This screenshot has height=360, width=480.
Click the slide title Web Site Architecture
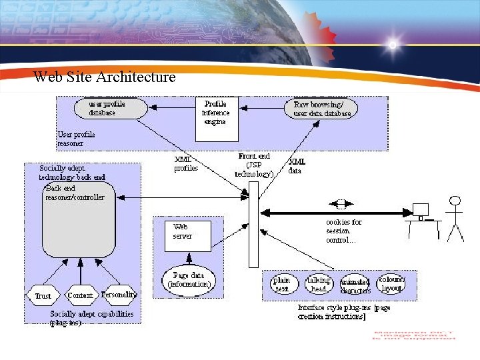(105, 77)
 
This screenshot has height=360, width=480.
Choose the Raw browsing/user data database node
(323, 109)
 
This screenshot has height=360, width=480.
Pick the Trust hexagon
(42, 295)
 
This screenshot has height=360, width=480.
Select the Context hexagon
(81, 295)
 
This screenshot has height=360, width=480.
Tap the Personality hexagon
(119, 294)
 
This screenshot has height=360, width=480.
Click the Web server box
(187, 235)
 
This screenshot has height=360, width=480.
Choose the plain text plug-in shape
(282, 285)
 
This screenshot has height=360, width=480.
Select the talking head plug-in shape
(319, 285)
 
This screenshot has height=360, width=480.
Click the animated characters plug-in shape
(355, 286)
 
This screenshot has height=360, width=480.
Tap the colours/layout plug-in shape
(391, 283)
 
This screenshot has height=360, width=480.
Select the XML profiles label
(186, 164)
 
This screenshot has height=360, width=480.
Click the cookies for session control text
(344, 231)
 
